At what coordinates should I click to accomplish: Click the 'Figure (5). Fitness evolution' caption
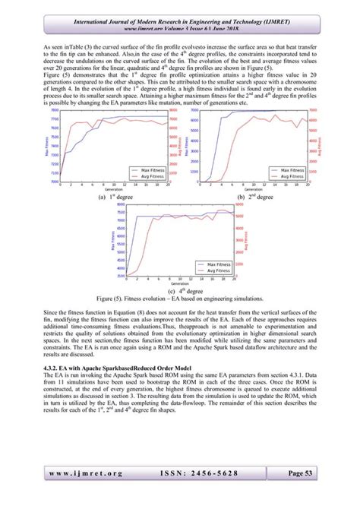click(181, 298)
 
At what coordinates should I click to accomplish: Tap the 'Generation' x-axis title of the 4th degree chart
click(181, 284)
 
